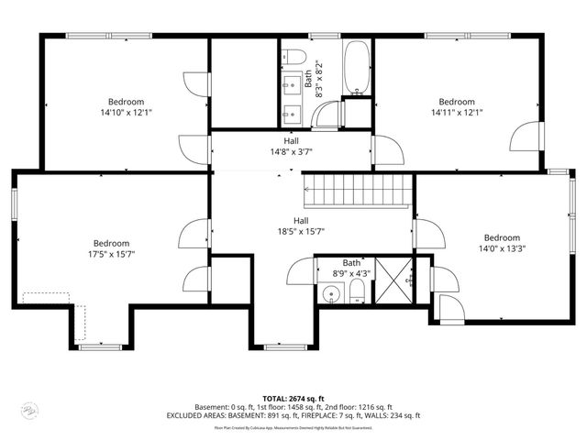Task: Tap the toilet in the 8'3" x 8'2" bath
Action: point(291,53)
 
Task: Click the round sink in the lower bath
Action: point(333,295)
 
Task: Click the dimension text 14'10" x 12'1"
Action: point(127,113)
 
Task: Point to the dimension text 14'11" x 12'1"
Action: point(456,113)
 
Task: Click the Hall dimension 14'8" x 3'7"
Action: point(291,151)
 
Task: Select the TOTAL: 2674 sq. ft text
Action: point(293,396)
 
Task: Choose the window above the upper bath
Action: point(321,37)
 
